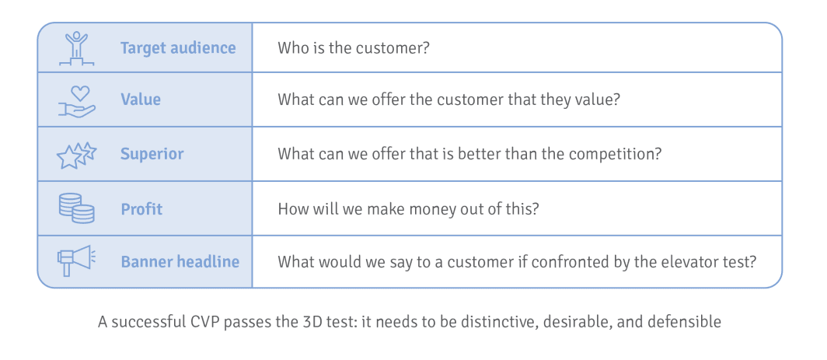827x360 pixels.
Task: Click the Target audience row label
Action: coord(178,48)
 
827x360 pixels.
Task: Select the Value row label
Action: coord(140,100)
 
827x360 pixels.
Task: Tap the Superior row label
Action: coord(152,154)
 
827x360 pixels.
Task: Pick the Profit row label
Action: coord(142,209)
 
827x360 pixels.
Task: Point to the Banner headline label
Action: coord(180,262)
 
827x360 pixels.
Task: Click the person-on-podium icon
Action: coord(76,48)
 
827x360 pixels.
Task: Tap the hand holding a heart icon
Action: coord(76,101)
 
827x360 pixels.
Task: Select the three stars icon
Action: coord(76,156)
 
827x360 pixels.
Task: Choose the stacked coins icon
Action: coord(76,208)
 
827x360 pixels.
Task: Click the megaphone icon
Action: coord(76,260)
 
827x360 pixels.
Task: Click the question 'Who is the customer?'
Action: coord(354,48)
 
